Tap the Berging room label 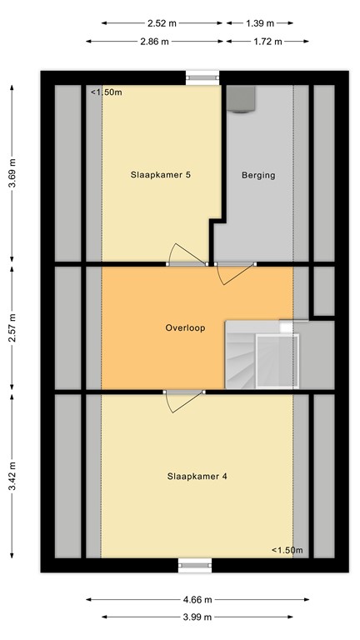click(x=258, y=175)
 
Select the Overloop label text click(x=185, y=327)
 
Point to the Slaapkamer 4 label click(x=197, y=477)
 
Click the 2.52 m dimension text click(x=162, y=23)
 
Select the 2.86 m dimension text click(x=154, y=41)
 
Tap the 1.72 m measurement click(x=267, y=41)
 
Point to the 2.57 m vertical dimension click(x=12, y=327)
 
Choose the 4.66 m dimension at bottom click(x=197, y=599)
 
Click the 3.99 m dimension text click(x=197, y=617)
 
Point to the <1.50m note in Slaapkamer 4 click(x=287, y=550)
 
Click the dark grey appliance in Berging click(x=242, y=98)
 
